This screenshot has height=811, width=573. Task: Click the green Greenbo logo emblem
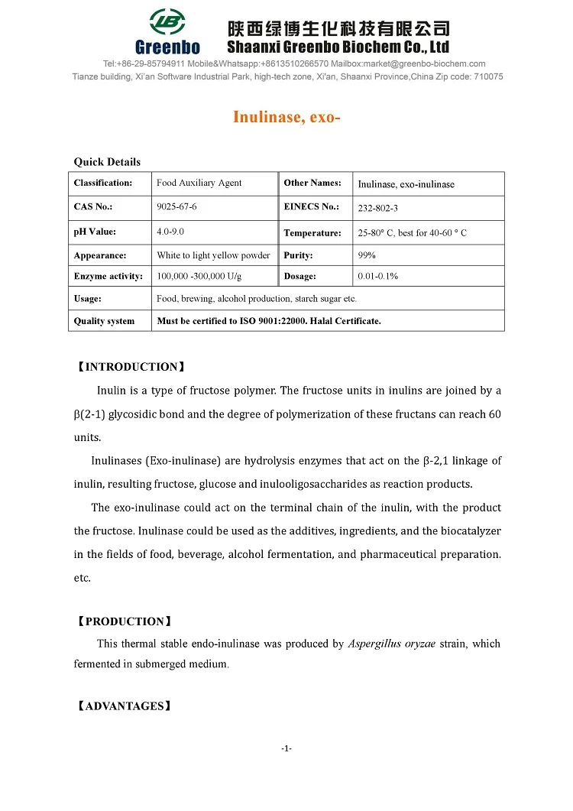click(167, 22)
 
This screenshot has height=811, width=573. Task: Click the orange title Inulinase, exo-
click(286, 118)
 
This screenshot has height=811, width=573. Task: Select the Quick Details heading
click(107, 161)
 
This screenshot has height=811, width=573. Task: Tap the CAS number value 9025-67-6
click(176, 207)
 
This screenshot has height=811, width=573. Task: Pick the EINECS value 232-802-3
click(378, 208)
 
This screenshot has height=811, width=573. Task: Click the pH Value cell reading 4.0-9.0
click(170, 231)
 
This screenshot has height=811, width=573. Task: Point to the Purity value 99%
click(367, 255)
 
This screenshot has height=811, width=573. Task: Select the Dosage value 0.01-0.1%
click(377, 276)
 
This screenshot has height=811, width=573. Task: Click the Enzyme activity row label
click(108, 276)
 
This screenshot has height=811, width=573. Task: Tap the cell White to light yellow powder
click(213, 255)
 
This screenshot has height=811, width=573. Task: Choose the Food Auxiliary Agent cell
click(199, 183)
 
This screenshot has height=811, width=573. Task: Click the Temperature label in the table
click(312, 232)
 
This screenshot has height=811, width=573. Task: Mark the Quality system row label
click(104, 321)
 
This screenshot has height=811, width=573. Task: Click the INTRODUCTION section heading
click(130, 367)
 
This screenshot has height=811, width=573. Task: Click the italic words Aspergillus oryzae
click(392, 644)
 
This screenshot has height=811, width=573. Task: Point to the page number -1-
click(286, 748)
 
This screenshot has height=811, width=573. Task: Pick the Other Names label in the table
click(312, 183)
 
